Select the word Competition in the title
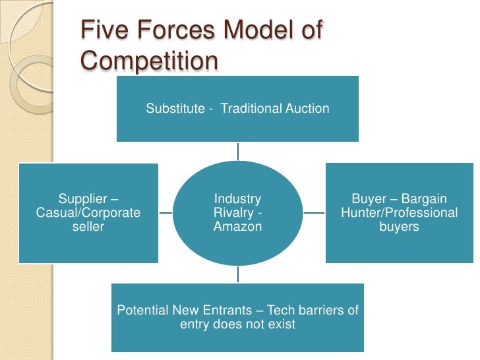[x=149, y=61]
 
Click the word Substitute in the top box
[x=175, y=109]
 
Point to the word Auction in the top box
[x=308, y=109]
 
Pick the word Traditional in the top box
[x=251, y=109]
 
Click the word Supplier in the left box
[x=84, y=199]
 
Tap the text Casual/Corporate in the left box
[x=88, y=213]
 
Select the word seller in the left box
[x=88, y=227]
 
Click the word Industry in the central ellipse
[x=238, y=199]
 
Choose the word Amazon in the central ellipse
[x=238, y=227]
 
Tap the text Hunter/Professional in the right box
[x=400, y=213]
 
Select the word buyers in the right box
[x=400, y=227]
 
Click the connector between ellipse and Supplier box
[x=165, y=214]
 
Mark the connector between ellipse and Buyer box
[x=315, y=214]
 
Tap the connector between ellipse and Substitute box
[x=238, y=151]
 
